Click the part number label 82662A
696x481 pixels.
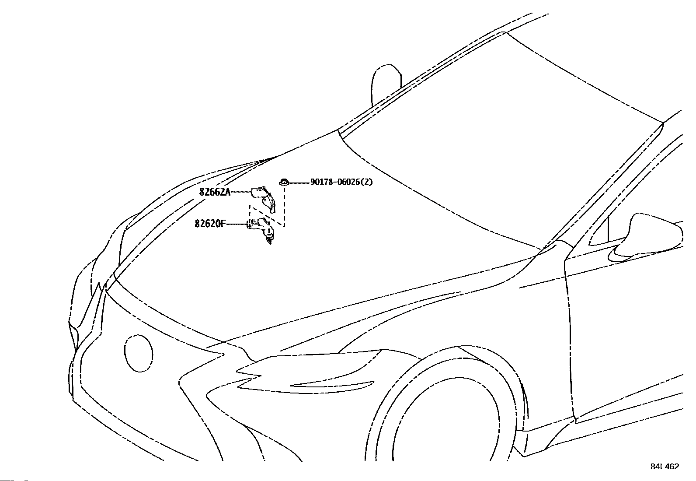(x=215, y=192)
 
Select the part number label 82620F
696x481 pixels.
(x=210, y=223)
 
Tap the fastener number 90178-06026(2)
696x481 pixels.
(x=341, y=182)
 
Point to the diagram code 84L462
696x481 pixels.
(x=665, y=467)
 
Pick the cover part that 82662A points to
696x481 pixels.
(x=264, y=199)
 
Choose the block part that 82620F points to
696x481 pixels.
(x=261, y=230)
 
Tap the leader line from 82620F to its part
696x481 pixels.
(x=236, y=223)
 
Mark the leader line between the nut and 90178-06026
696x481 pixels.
(x=299, y=183)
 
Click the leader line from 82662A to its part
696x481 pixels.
(x=241, y=192)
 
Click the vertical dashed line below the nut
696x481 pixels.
(x=284, y=205)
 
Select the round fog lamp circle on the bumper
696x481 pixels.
(x=138, y=353)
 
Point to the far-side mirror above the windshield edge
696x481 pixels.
(x=386, y=84)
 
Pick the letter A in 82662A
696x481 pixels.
(x=228, y=192)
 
